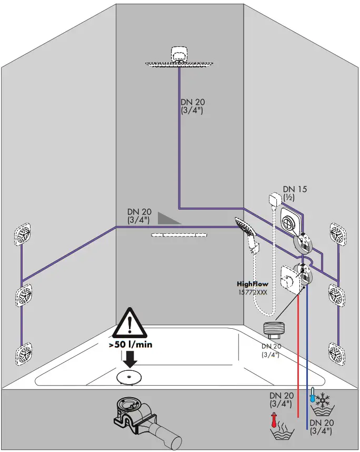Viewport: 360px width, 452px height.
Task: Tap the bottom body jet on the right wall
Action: click(337, 351)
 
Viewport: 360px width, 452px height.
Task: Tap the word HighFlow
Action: click(252, 284)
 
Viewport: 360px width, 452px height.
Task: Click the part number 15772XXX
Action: click(252, 291)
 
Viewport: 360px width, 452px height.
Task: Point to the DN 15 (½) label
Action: click(295, 193)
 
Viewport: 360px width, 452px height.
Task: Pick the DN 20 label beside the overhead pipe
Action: click(192, 106)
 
